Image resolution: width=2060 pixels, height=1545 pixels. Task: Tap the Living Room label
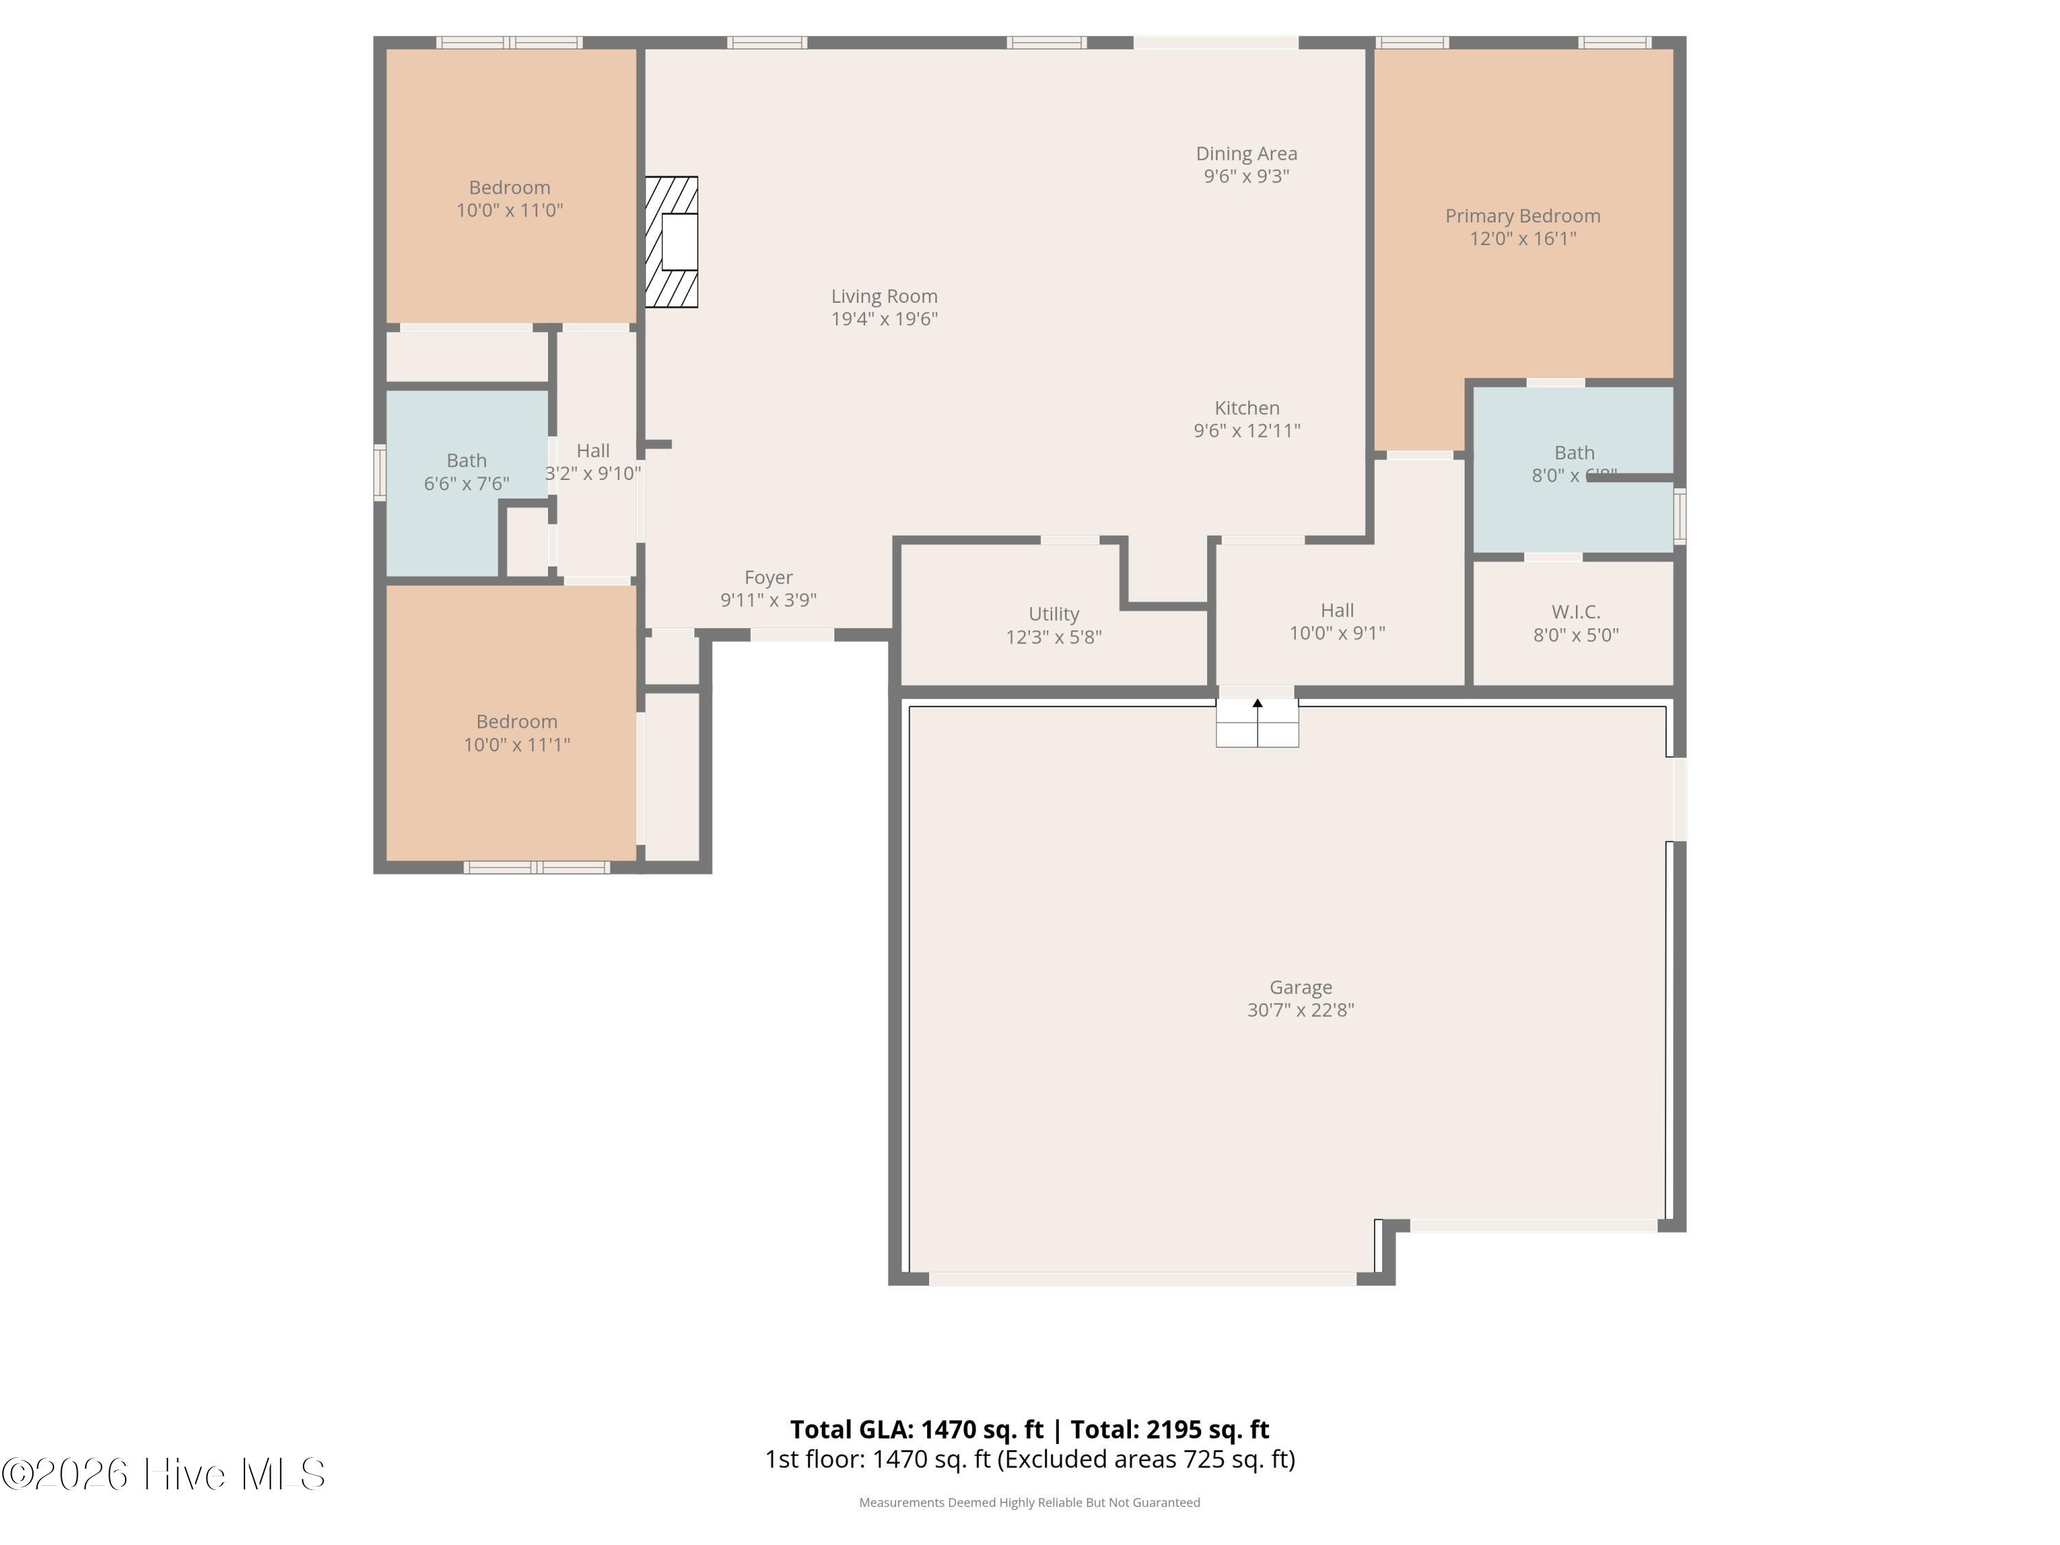tap(884, 296)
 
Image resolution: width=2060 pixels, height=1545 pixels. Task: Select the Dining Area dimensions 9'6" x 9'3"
tap(1246, 176)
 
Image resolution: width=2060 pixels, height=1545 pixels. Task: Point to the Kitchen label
tap(1246, 408)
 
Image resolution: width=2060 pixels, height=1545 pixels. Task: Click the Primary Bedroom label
tap(1522, 216)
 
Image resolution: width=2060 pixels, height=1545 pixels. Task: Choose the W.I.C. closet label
tap(1576, 612)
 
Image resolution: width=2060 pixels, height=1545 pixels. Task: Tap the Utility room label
tap(1053, 614)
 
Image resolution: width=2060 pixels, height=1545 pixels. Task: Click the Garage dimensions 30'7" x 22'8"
tap(1300, 1009)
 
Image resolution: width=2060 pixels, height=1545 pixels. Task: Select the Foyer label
tap(768, 577)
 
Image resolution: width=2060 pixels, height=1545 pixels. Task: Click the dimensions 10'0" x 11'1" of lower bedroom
tap(517, 744)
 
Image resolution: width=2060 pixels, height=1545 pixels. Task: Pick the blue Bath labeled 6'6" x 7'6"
tap(466, 471)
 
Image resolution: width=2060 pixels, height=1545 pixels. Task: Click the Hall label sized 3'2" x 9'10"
tap(593, 450)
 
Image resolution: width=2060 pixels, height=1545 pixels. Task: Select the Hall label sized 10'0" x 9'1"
tap(1336, 610)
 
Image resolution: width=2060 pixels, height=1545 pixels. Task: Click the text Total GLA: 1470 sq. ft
tap(917, 1428)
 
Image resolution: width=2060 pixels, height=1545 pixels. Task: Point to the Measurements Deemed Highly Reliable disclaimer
tap(1029, 1502)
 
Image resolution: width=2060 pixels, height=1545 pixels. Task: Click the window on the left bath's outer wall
tap(380, 473)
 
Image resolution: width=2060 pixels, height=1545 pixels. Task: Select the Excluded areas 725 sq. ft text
tap(1145, 1459)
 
